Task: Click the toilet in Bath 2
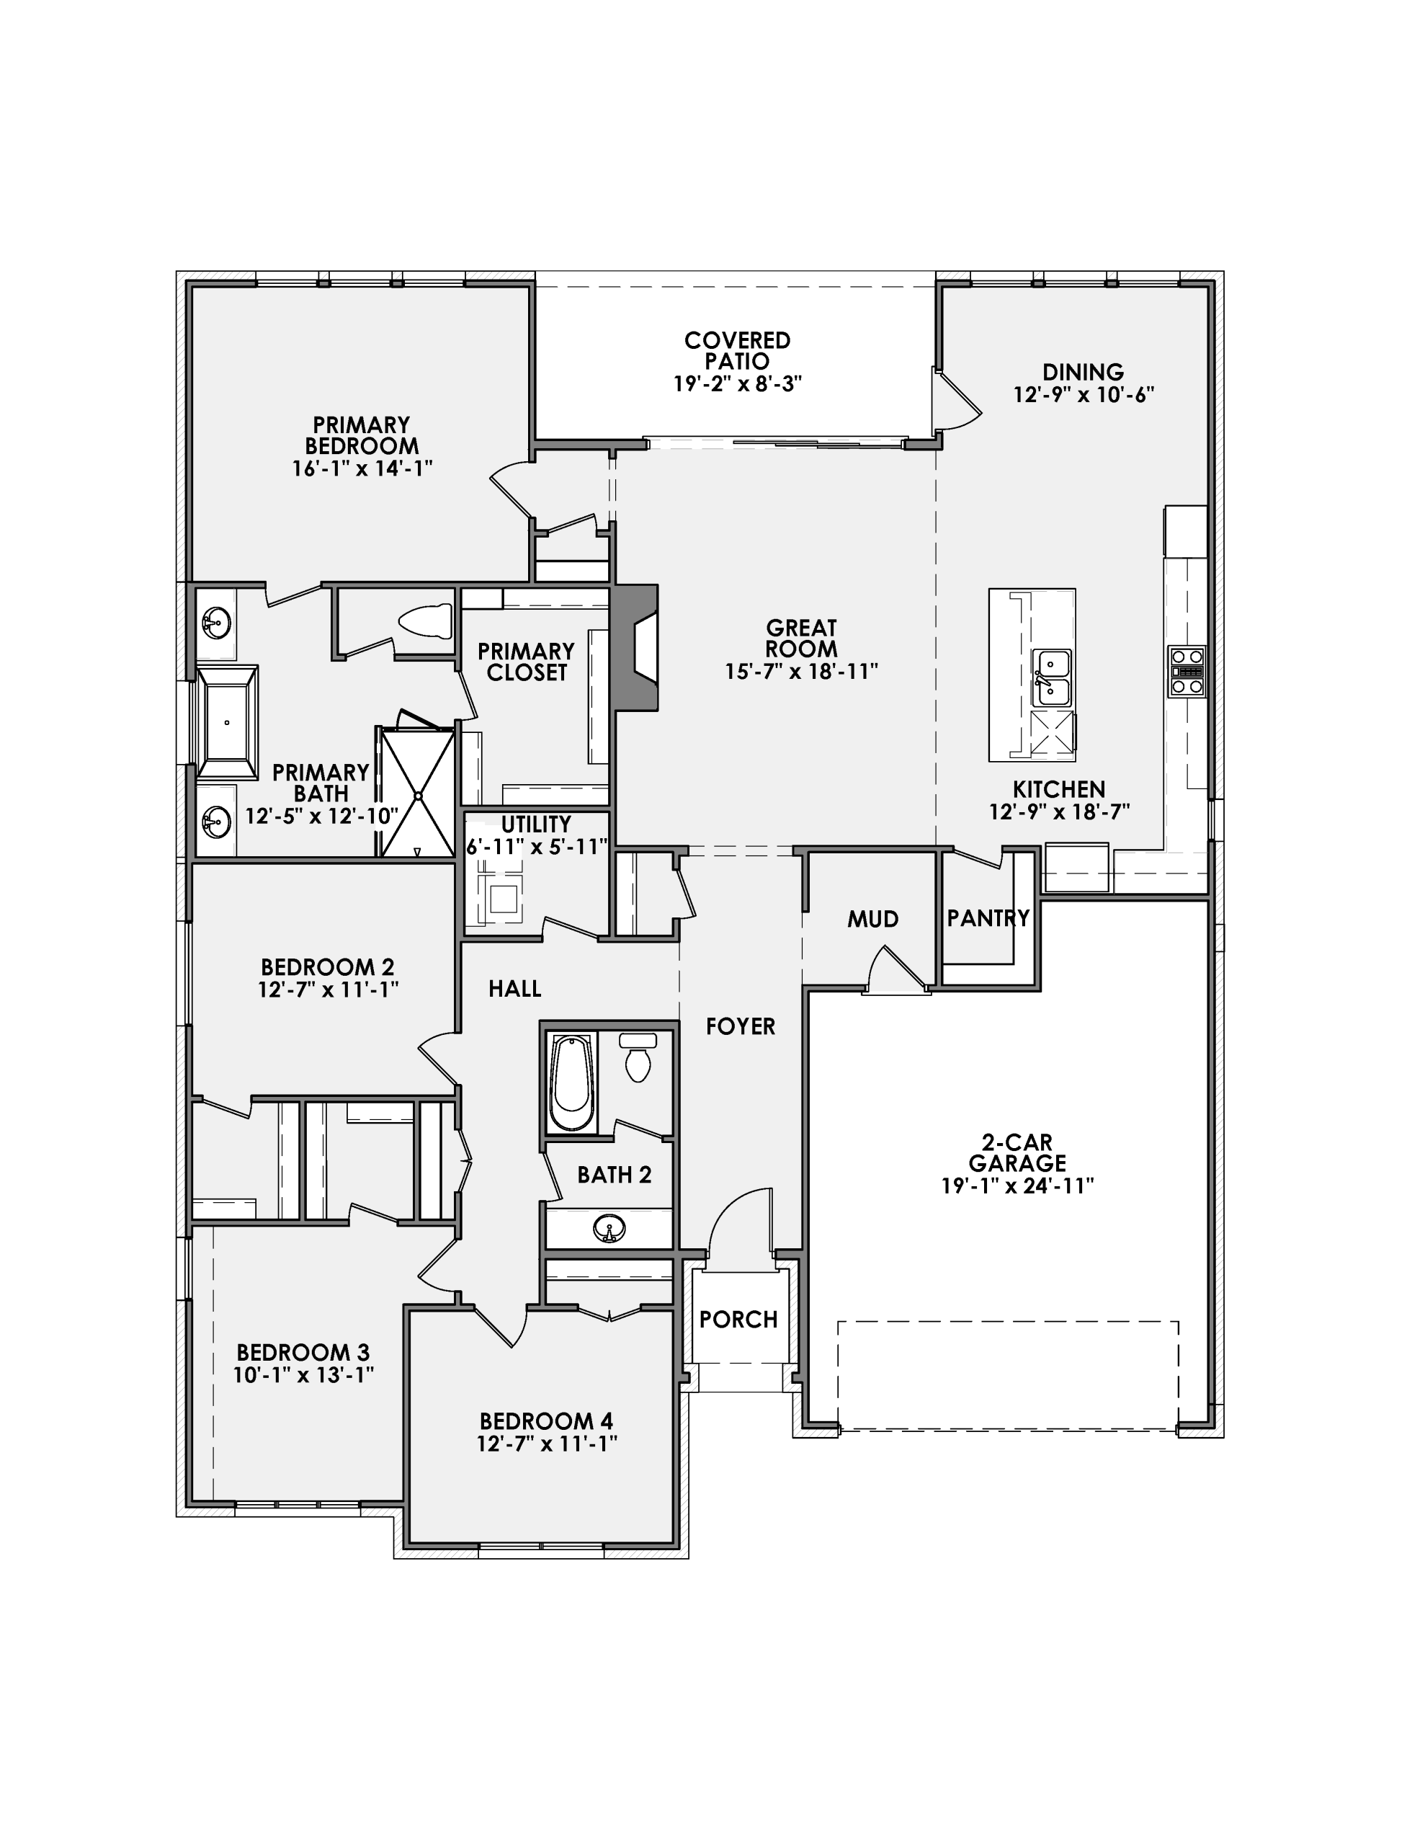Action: coord(638,1059)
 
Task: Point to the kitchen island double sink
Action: coord(1052,677)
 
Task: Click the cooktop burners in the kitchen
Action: coord(1186,672)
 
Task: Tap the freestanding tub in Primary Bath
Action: coord(226,721)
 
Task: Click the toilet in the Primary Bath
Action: coord(426,622)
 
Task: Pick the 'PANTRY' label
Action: coord(988,917)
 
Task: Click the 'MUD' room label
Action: coord(872,919)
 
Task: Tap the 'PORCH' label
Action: coord(738,1320)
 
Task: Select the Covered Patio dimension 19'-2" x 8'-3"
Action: coord(736,383)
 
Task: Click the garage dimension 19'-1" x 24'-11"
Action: coord(1017,1186)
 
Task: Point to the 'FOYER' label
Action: coord(740,1026)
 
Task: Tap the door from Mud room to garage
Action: coord(897,972)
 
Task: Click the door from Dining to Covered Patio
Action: coord(955,399)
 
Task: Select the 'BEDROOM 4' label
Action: coord(545,1421)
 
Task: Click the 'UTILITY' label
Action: coord(535,824)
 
